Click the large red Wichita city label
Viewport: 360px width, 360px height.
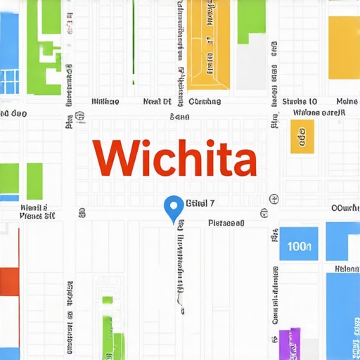click(x=174, y=158)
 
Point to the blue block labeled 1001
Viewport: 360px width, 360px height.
click(x=300, y=246)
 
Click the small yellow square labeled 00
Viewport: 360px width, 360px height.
click(x=302, y=136)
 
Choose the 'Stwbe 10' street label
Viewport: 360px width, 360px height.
click(x=300, y=101)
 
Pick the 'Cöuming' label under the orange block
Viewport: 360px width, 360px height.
click(x=205, y=101)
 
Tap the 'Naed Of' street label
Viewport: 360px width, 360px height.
click(x=157, y=101)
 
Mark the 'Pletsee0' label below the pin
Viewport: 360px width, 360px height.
click(x=226, y=223)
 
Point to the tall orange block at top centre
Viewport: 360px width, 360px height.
click(x=209, y=46)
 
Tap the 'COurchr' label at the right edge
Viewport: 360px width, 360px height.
click(x=345, y=208)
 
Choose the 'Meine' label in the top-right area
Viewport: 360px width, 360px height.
click(x=347, y=101)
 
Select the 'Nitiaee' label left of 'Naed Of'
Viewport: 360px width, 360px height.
click(x=105, y=101)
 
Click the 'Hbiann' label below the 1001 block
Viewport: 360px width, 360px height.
click(x=347, y=269)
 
